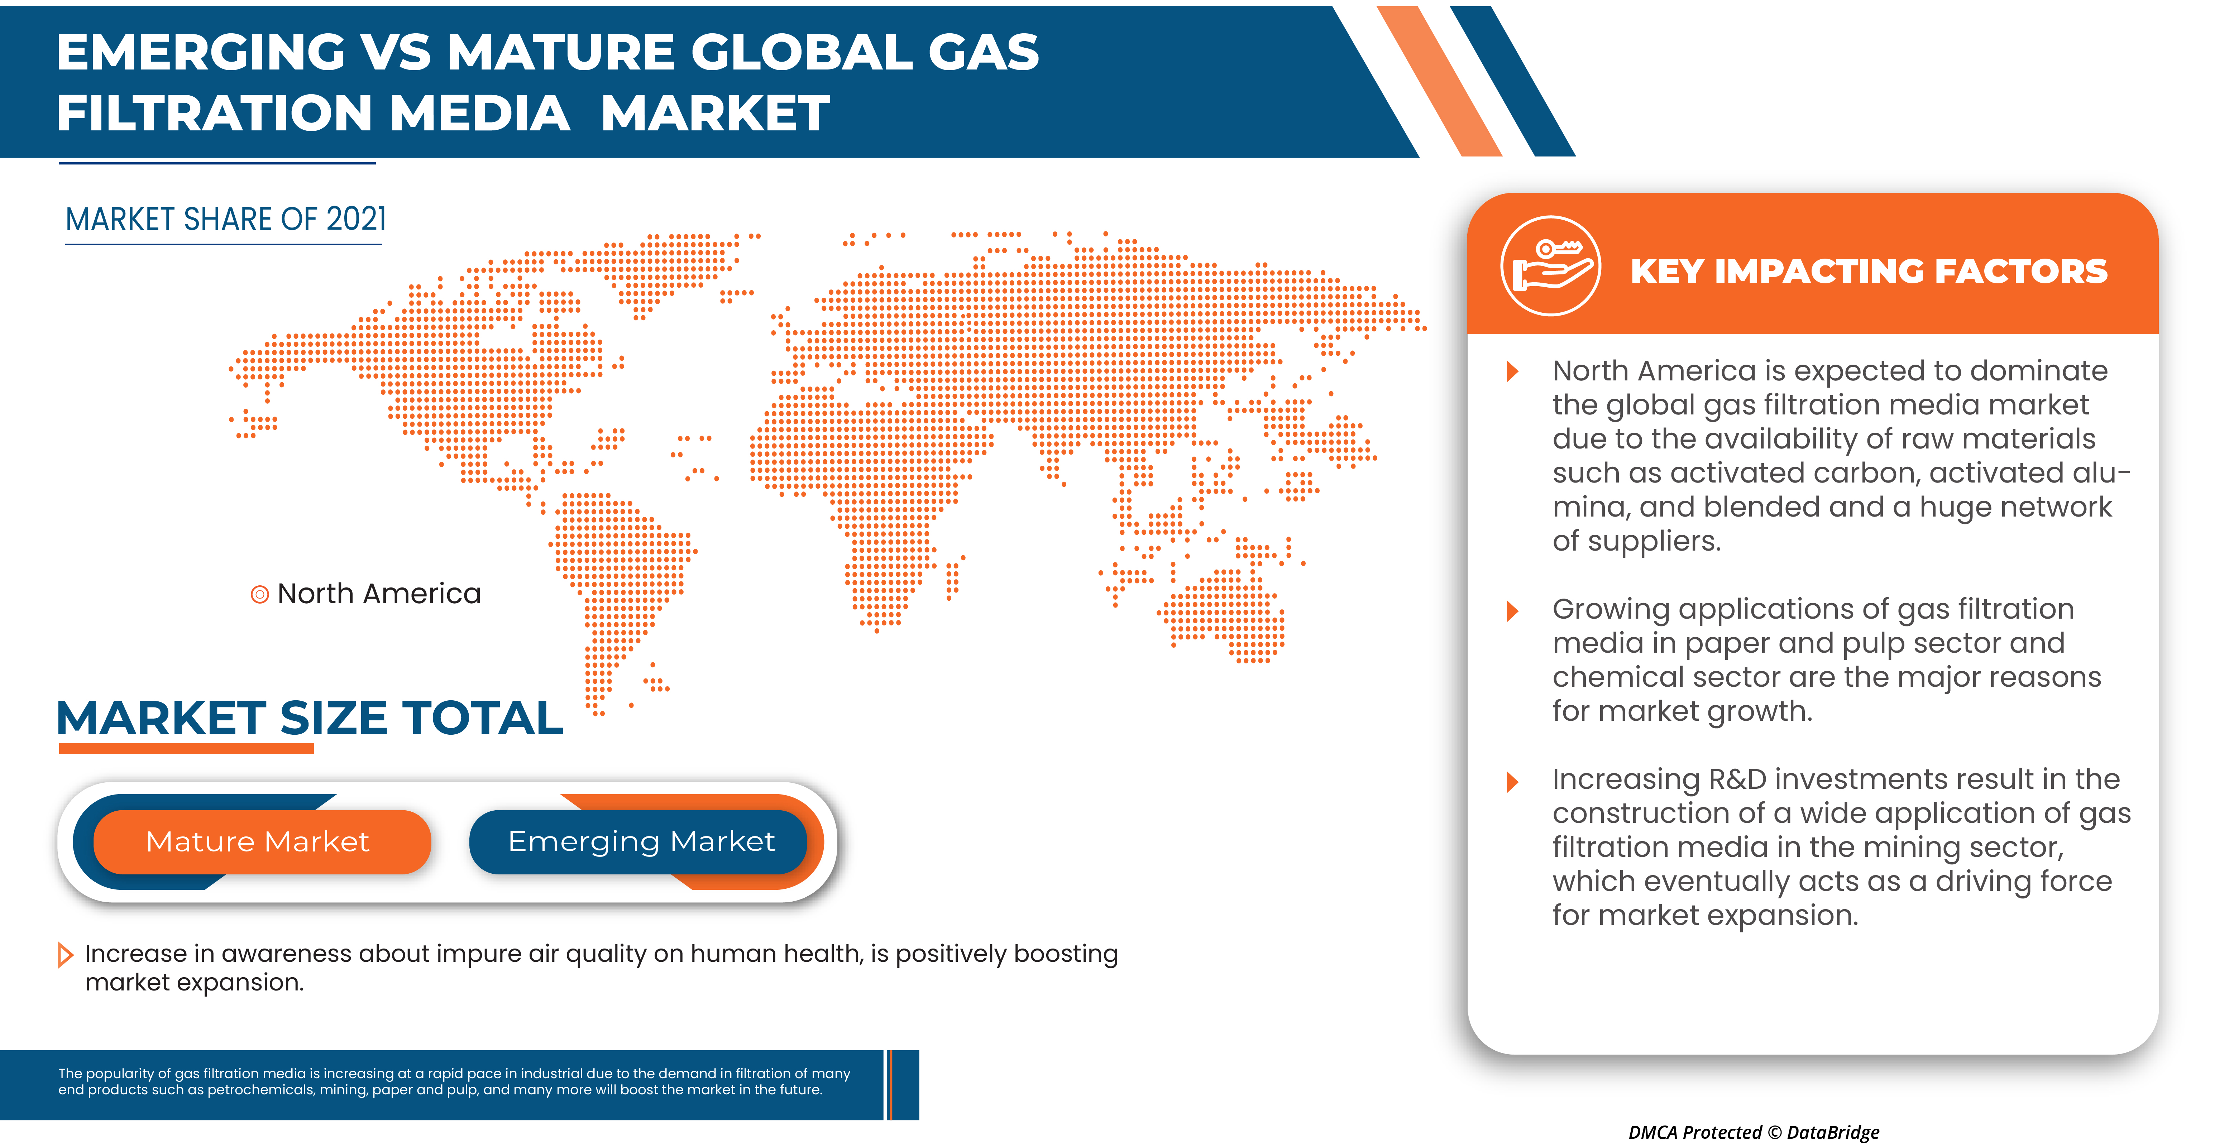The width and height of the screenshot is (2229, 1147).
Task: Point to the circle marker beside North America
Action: click(x=259, y=594)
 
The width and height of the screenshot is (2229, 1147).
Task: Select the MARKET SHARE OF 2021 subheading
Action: click(x=226, y=220)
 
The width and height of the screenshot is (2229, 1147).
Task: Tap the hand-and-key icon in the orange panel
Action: click(x=1551, y=267)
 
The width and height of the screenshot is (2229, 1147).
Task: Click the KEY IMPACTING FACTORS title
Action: click(x=1869, y=271)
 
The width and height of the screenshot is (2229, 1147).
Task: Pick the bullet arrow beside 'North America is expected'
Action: click(x=1512, y=371)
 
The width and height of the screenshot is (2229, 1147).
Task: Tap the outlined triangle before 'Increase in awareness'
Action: click(x=65, y=955)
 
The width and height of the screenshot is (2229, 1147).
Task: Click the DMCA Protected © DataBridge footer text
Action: click(x=1754, y=1132)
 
